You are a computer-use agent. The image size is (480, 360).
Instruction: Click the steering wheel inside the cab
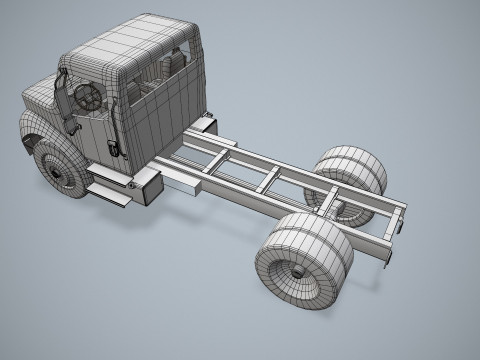(88, 97)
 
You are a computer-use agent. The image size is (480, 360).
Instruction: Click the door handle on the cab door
(112, 147)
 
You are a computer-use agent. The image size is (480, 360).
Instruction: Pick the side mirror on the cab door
(65, 100)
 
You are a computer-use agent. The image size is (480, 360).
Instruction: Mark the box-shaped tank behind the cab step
(148, 184)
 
